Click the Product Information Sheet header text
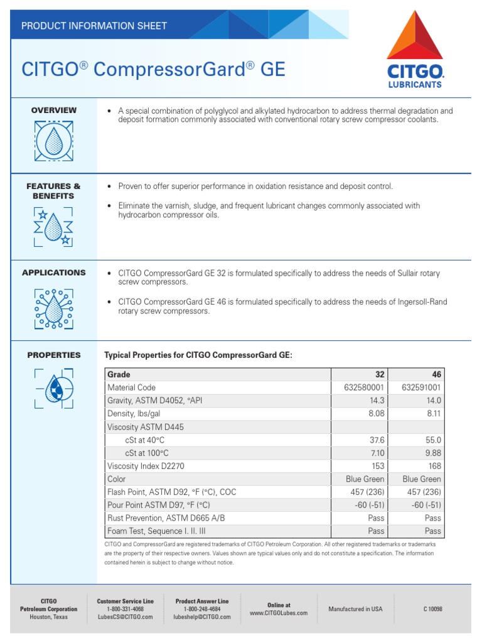[x=94, y=26]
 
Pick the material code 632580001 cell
[x=363, y=388]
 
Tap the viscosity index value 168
[x=433, y=466]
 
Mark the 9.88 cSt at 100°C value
[x=433, y=453]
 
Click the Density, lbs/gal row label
[x=138, y=414]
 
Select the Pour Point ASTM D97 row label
[x=159, y=505]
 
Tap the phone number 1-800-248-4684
[x=202, y=609]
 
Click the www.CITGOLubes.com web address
[x=279, y=613]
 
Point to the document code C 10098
[x=432, y=609]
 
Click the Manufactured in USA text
[x=355, y=609]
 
